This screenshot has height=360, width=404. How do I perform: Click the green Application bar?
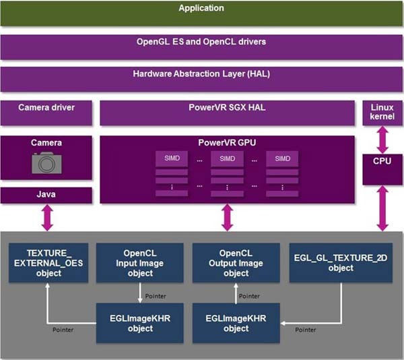pos(201,13)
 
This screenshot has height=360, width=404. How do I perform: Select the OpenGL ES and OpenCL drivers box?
pos(201,47)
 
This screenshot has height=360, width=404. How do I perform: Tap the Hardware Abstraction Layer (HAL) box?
pos(201,79)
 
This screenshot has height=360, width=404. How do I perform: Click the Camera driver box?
pos(46,113)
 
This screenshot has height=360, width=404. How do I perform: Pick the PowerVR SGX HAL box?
pos(228,113)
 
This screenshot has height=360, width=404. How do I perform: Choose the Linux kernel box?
pos(382,113)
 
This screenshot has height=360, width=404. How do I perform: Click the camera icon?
pos(46,162)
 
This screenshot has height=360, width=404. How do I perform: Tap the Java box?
pos(46,196)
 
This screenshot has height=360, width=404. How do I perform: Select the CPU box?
pos(382,169)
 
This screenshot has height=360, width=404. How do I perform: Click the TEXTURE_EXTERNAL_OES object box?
pos(48,262)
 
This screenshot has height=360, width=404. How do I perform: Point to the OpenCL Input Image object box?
pos(139,262)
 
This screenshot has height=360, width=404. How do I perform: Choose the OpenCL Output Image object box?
pos(236,262)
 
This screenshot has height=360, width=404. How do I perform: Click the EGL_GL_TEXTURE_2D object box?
pos(341,262)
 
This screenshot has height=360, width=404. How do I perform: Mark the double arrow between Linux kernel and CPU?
pos(382,140)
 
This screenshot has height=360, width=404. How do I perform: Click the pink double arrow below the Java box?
pos(47,217)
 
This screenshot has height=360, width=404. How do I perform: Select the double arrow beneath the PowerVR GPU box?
pos(228,217)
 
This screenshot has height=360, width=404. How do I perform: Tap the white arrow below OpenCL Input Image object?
pos(140,293)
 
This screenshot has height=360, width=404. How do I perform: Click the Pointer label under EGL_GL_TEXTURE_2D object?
pos(306,330)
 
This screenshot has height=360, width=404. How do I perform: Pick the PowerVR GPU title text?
pos(227,143)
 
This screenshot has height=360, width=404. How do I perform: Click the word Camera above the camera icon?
pos(46,143)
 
